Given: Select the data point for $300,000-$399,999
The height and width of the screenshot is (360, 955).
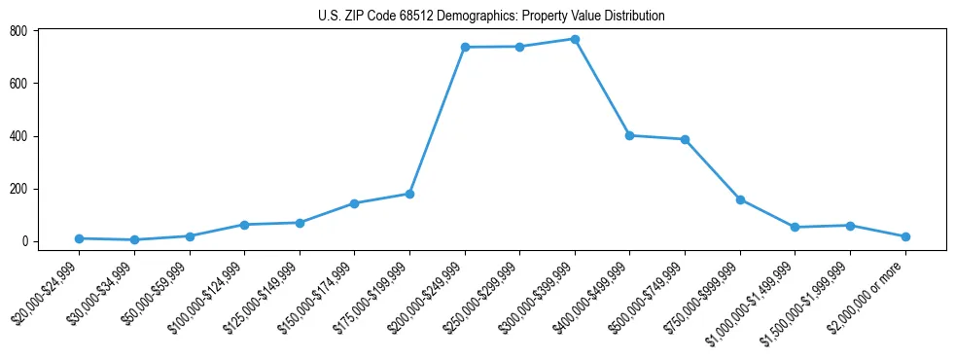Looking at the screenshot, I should [x=575, y=39].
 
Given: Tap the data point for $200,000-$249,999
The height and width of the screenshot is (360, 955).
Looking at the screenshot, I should [x=465, y=47].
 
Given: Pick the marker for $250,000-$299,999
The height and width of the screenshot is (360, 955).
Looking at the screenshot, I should [x=520, y=47].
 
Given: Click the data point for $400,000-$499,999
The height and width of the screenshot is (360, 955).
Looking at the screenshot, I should [x=630, y=135].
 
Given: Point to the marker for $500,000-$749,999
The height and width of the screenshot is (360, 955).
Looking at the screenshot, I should [x=686, y=139].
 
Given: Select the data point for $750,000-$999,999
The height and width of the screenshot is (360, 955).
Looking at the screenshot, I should [x=740, y=199].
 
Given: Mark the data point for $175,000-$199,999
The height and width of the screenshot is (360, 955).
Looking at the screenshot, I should [x=409, y=194].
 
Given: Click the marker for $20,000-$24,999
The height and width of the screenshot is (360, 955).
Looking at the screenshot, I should [x=79, y=238].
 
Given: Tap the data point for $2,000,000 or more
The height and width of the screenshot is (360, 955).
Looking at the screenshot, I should [x=905, y=236].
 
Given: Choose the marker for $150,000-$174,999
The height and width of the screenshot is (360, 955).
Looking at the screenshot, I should [x=354, y=203].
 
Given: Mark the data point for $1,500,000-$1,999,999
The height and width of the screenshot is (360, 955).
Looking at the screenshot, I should [x=851, y=226].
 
